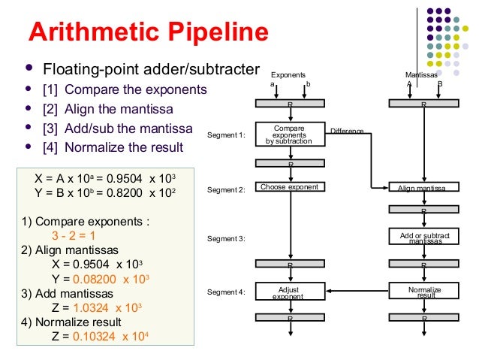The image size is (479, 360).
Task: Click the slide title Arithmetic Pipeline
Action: coord(148,33)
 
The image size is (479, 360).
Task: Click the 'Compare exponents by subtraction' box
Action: coord(290,135)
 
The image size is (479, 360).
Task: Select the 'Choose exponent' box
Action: coord(290,187)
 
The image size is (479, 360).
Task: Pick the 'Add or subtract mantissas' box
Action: coord(423,237)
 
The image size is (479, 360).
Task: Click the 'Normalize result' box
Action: coord(423,292)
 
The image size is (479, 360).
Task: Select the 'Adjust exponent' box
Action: coord(290,292)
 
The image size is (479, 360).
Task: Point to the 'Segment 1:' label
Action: coord(226,135)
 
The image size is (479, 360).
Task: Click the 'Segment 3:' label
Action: coord(226,239)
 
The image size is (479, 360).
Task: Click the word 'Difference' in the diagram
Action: coord(347,132)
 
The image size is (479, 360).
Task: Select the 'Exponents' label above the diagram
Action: coord(288,76)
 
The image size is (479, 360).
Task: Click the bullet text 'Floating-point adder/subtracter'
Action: coord(151,71)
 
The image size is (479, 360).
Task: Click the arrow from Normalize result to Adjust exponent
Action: coord(357,291)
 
